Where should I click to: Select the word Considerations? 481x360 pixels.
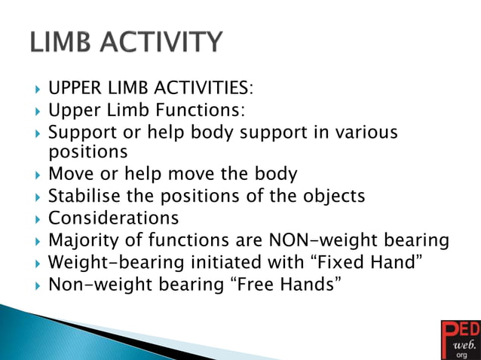coord(113,218)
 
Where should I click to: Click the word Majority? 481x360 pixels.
coord(85,241)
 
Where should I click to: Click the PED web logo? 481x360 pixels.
coord(459,339)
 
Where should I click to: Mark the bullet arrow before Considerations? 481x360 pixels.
coord(38,219)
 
